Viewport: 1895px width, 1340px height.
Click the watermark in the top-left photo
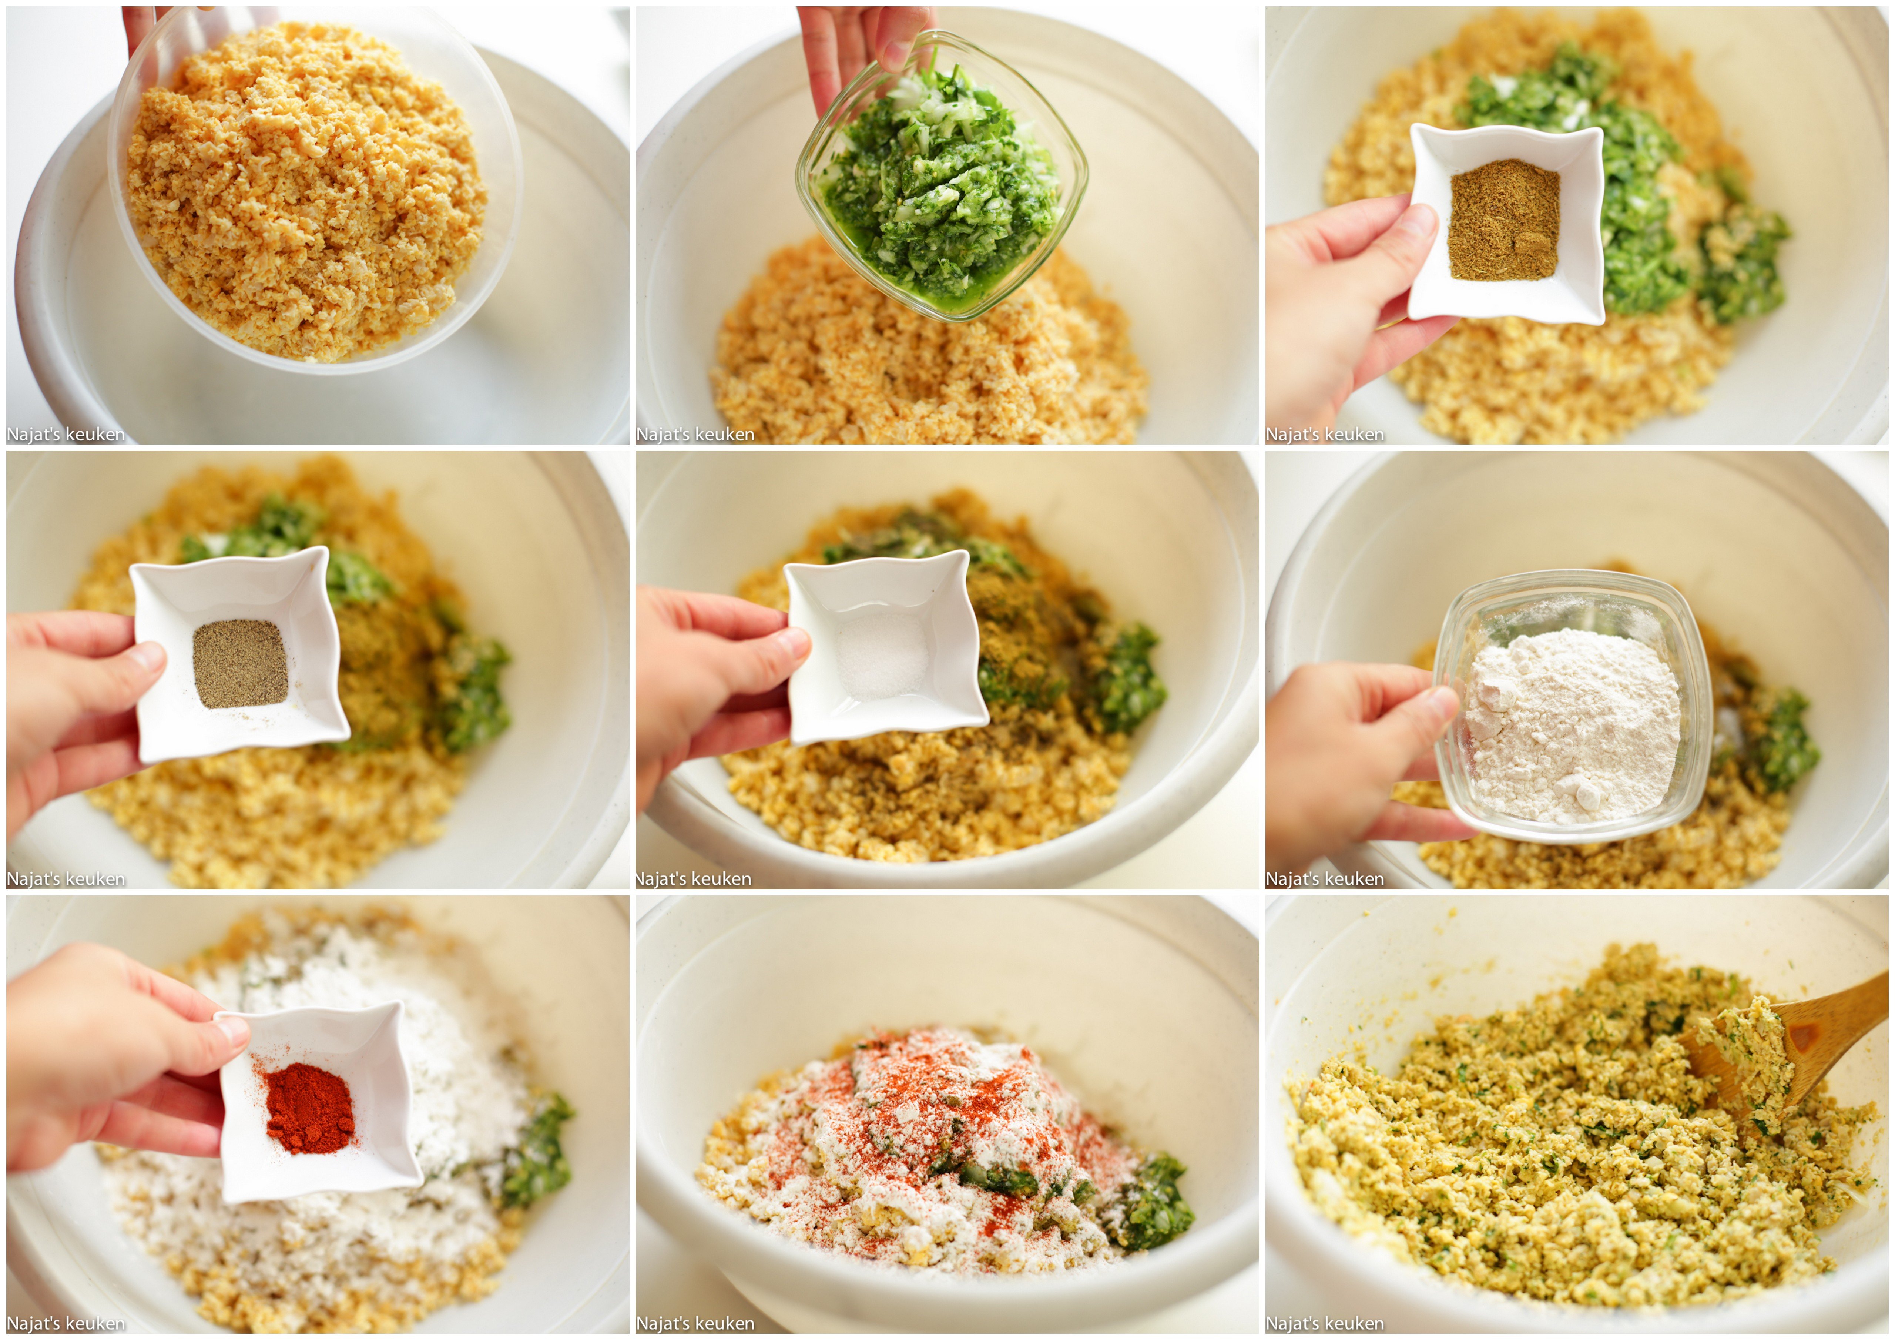pyautogui.click(x=66, y=434)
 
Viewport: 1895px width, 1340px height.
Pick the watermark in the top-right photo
pyautogui.click(x=1325, y=434)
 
